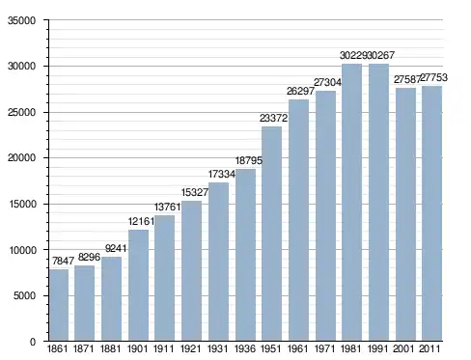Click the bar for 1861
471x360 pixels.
[59, 305]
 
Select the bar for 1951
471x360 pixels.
[271, 234]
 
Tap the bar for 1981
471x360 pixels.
[351, 203]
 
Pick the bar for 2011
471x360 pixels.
[431, 213]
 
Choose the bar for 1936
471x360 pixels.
[245, 255]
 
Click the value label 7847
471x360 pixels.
[63, 261]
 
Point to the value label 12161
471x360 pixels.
[141, 221]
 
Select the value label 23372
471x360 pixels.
[273, 118]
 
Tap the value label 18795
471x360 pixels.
[249, 160]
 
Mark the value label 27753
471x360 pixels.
[433, 77]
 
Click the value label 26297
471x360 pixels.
[300, 91]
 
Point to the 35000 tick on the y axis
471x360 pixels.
[21, 20]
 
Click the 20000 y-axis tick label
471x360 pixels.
[21, 158]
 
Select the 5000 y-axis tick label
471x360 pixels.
[24, 295]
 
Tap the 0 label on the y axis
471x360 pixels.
[33, 342]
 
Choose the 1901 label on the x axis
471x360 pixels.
[137, 348]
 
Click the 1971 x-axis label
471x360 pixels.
[324, 348]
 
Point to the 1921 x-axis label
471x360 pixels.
[190, 348]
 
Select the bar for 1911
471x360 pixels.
[164, 278]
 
